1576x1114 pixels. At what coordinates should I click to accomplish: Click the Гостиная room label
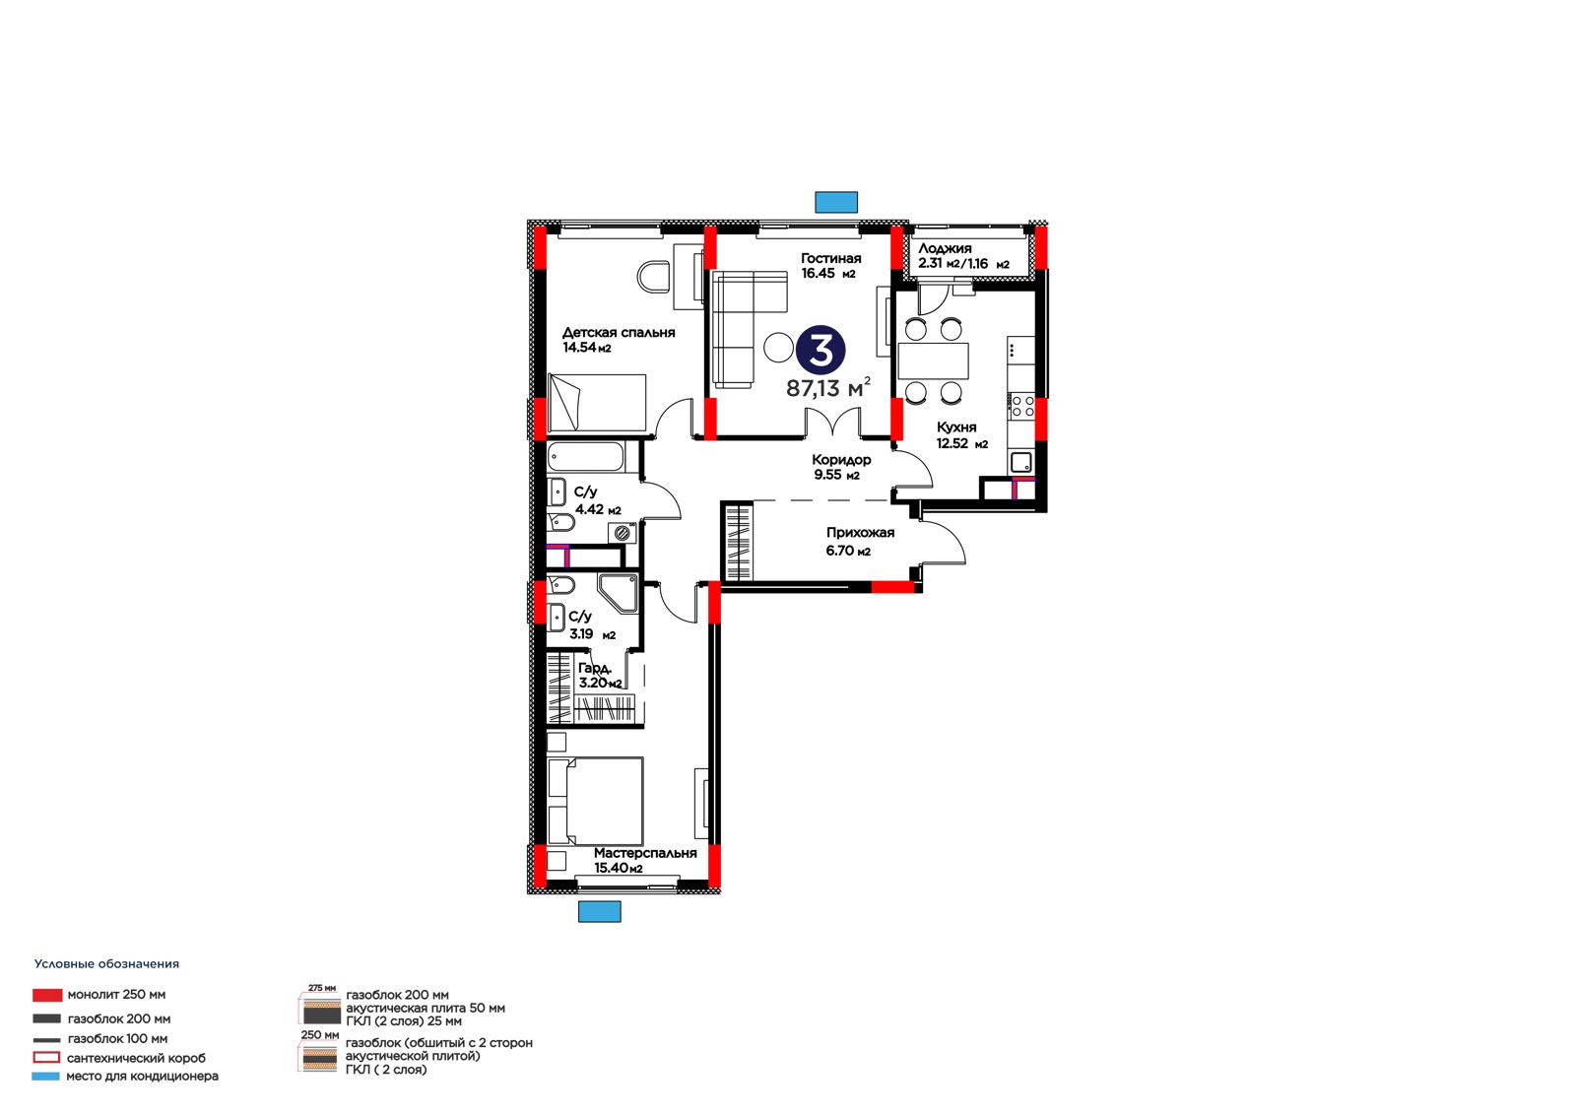pyautogui.click(x=830, y=258)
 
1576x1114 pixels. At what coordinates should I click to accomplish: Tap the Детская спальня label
pyautogui.click(x=619, y=332)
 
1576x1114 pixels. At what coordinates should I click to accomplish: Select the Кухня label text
pyautogui.click(x=956, y=427)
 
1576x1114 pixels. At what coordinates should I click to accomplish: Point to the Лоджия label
pyautogui.click(x=945, y=248)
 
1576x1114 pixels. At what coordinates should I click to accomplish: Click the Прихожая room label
pyautogui.click(x=860, y=533)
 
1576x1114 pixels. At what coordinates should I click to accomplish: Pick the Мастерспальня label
pyautogui.click(x=645, y=853)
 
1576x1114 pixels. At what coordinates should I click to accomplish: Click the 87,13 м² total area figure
pyautogui.click(x=828, y=388)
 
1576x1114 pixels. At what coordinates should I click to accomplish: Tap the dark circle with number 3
pyautogui.click(x=821, y=350)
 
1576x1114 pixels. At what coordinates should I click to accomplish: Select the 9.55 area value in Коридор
pyautogui.click(x=828, y=475)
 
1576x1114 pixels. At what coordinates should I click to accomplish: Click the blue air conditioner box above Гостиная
pyautogui.click(x=836, y=202)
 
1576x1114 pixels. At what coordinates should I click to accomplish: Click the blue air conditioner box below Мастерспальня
pyautogui.click(x=600, y=911)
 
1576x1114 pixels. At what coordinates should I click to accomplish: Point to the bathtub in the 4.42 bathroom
pyautogui.click(x=585, y=457)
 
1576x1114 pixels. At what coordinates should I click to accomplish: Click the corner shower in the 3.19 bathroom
pyautogui.click(x=619, y=593)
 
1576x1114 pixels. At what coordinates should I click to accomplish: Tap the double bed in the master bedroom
pyautogui.click(x=595, y=801)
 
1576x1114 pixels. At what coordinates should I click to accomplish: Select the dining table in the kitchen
pyautogui.click(x=933, y=361)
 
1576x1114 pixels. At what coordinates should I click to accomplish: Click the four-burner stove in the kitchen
pyautogui.click(x=1022, y=406)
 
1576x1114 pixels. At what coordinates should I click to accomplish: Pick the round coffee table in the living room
pyautogui.click(x=779, y=347)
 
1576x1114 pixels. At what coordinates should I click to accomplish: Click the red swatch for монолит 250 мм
pyautogui.click(x=47, y=995)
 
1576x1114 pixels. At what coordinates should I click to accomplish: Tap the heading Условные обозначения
pyautogui.click(x=107, y=964)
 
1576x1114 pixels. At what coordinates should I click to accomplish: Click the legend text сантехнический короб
pyautogui.click(x=137, y=1058)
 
